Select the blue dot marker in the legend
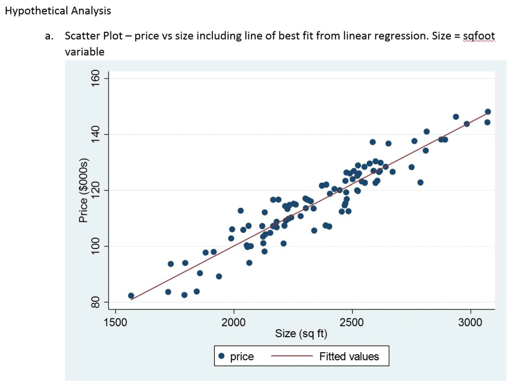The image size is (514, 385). pyautogui.click(x=221, y=356)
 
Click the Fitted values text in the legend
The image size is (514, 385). pyautogui.click(x=349, y=356)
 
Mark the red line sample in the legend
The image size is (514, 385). pyautogui.click(x=291, y=356)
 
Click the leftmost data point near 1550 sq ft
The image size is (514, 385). pyautogui.click(x=131, y=296)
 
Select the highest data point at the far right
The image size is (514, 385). pyautogui.click(x=488, y=112)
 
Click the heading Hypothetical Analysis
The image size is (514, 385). pyautogui.click(x=58, y=10)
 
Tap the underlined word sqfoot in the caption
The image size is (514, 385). pyautogui.click(x=478, y=36)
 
